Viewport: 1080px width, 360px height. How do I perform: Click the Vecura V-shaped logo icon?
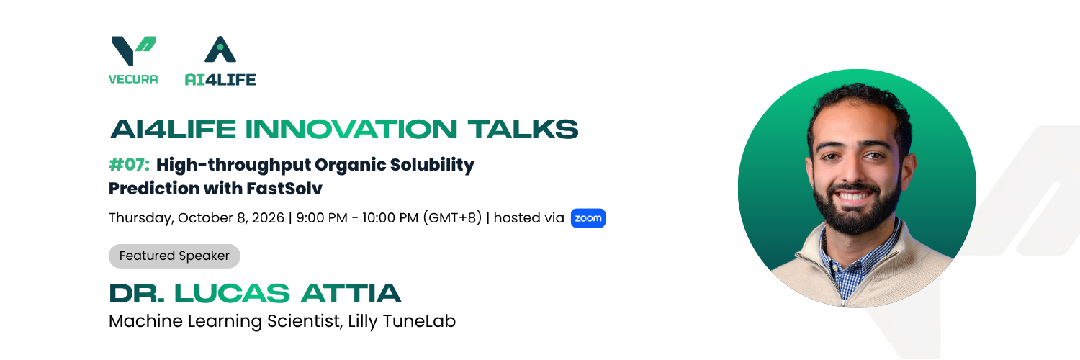[x=133, y=50]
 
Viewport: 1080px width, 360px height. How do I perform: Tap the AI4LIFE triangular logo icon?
[x=220, y=49]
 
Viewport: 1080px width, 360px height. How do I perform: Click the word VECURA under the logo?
[x=133, y=79]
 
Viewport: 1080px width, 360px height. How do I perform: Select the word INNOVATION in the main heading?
[x=351, y=129]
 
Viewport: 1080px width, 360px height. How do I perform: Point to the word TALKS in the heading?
[x=523, y=129]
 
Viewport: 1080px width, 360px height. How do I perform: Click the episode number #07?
[x=129, y=165]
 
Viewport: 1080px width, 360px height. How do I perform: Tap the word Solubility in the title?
[x=432, y=166]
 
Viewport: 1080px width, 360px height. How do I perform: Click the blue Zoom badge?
[x=588, y=218]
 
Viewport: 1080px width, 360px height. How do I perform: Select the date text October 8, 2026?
[x=231, y=218]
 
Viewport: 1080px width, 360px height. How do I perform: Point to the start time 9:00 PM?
[x=322, y=218]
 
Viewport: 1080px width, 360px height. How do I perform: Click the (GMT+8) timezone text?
[x=452, y=218]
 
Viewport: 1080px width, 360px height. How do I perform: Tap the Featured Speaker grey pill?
[x=174, y=256]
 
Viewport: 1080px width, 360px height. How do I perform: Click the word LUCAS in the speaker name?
[x=232, y=294]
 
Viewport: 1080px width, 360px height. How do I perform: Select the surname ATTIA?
[x=351, y=294]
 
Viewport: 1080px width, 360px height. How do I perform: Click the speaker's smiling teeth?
[x=852, y=196]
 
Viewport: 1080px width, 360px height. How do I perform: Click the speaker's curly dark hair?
[x=860, y=102]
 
